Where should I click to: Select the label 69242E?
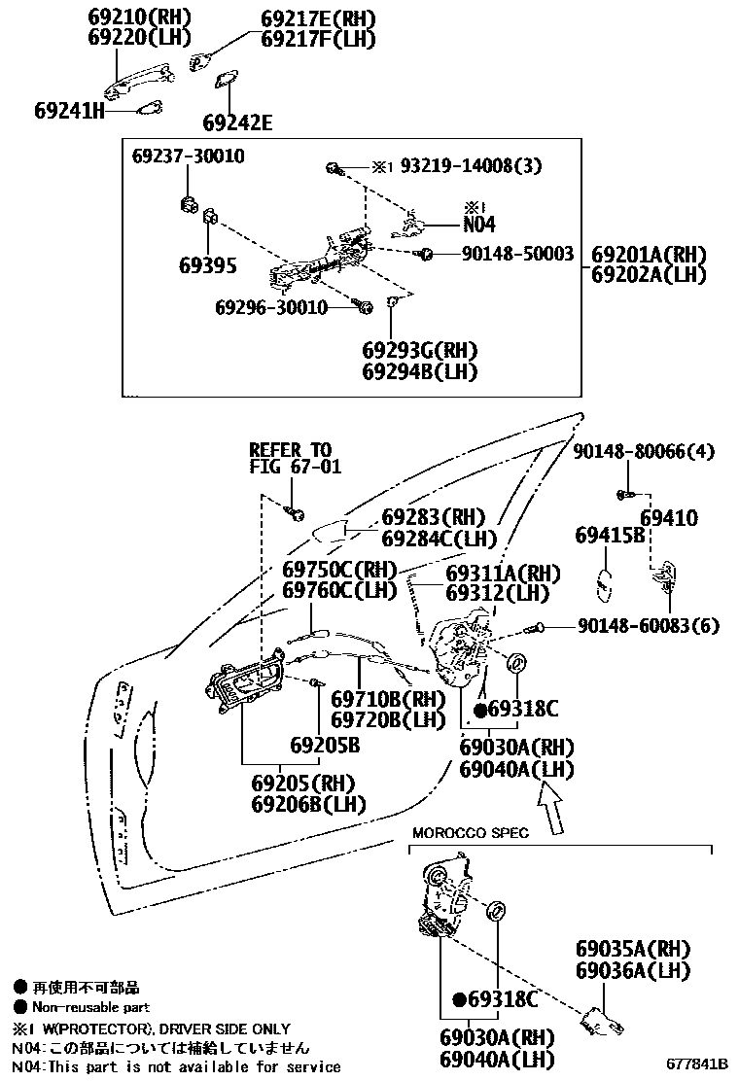click(237, 122)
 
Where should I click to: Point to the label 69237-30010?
click(189, 156)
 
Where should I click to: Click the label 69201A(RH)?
click(649, 254)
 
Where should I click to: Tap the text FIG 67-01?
click(290, 469)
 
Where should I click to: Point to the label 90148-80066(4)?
click(643, 451)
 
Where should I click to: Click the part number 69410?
click(669, 519)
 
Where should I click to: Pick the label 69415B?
click(610, 536)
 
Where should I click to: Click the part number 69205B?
click(325, 746)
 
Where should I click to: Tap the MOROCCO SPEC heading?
click(471, 832)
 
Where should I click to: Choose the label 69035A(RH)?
click(632, 948)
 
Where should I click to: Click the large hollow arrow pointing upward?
click(550, 811)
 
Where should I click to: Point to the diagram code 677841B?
click(697, 1064)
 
